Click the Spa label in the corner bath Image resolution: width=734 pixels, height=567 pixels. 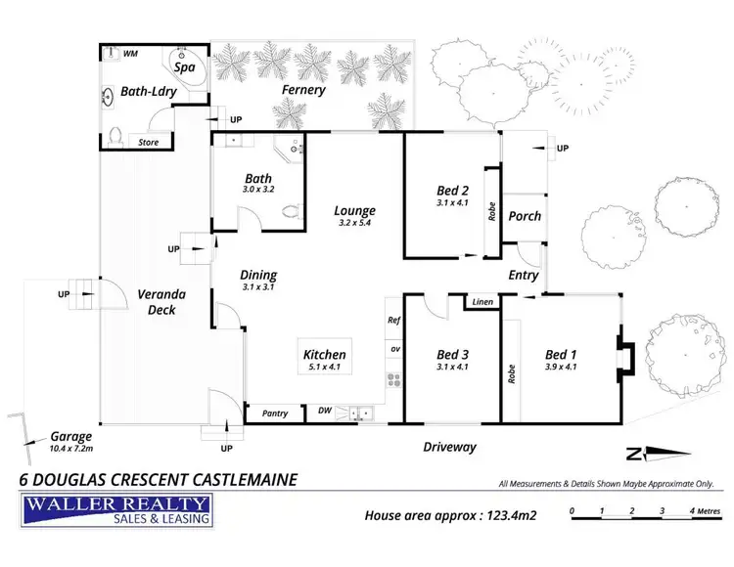pos(183,68)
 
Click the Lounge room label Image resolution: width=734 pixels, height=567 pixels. pos(354,210)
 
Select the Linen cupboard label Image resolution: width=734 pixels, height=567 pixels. pos(482,302)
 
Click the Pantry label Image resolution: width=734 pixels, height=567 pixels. pos(275,414)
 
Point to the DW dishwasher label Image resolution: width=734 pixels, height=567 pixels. pos(325,412)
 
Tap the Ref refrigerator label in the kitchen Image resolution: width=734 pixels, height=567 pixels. pos(394,320)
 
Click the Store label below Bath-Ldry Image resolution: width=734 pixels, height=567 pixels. pos(148,143)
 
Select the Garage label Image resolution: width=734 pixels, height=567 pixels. pos(71,437)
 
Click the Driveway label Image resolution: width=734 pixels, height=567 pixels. pos(448,447)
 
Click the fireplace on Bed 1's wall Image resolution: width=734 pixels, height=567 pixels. pos(626,357)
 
